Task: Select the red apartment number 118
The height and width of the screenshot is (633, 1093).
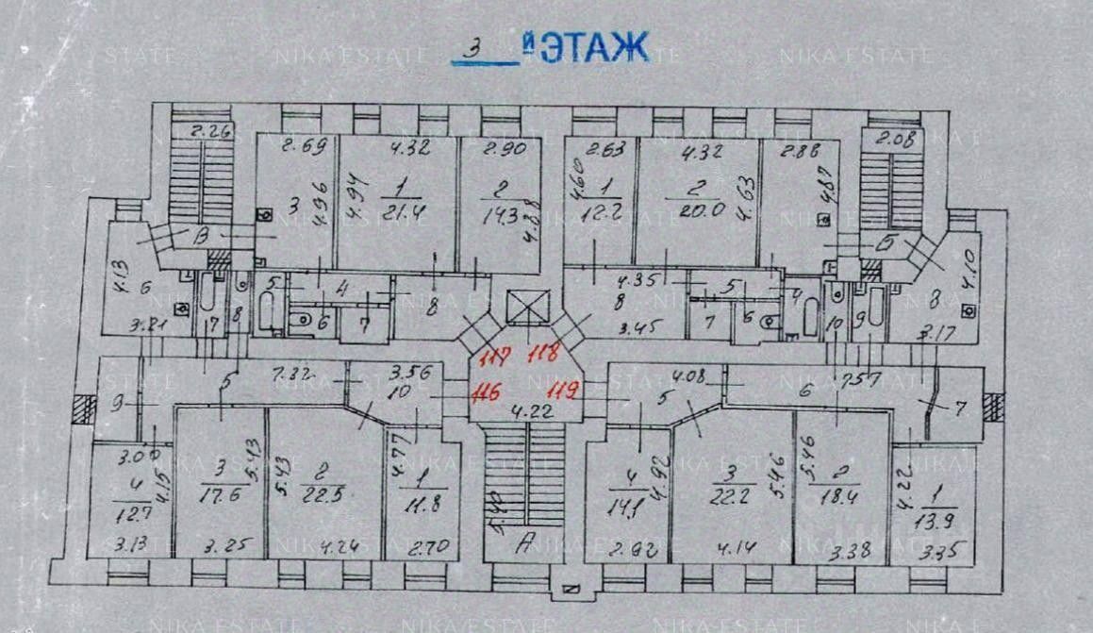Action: click(545, 355)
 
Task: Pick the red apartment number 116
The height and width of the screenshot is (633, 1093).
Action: click(488, 389)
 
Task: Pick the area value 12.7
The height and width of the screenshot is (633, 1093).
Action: click(129, 514)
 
